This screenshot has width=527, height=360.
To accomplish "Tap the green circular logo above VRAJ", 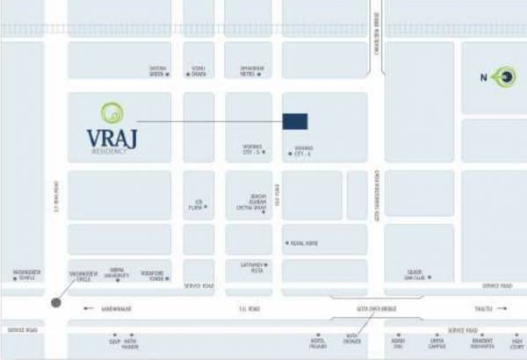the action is click(113, 112).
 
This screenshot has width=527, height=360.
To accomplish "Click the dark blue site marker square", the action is click(295, 121).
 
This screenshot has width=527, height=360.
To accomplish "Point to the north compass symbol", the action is click(505, 78).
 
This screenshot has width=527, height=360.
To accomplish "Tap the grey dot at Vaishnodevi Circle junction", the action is click(56, 302).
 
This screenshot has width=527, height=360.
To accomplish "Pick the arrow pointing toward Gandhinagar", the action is click(87, 308).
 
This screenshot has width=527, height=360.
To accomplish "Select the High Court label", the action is click(517, 343).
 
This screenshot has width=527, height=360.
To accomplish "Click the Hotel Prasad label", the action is click(317, 343).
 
